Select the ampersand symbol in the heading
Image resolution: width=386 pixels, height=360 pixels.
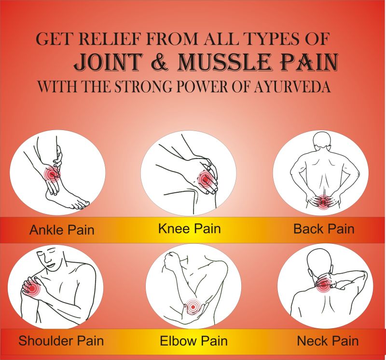tap(160, 62)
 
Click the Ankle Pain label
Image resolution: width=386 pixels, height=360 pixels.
tap(62, 230)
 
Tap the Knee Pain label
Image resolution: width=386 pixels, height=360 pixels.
tap(189, 228)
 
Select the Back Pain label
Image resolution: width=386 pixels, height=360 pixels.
tap(324, 229)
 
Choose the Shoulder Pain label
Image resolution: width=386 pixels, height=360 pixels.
tap(61, 341)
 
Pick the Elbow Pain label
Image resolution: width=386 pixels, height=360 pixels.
tap(193, 341)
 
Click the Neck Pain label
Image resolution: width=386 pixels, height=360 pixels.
tap(328, 341)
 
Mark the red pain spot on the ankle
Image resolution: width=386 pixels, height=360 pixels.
tap(52, 174)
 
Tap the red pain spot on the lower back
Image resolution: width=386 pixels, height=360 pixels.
tap(323, 201)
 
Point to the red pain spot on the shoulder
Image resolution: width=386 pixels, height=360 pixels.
tap(31, 287)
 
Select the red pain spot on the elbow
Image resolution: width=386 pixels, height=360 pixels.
tap(193, 307)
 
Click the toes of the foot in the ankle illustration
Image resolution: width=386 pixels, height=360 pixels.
tap(81, 205)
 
